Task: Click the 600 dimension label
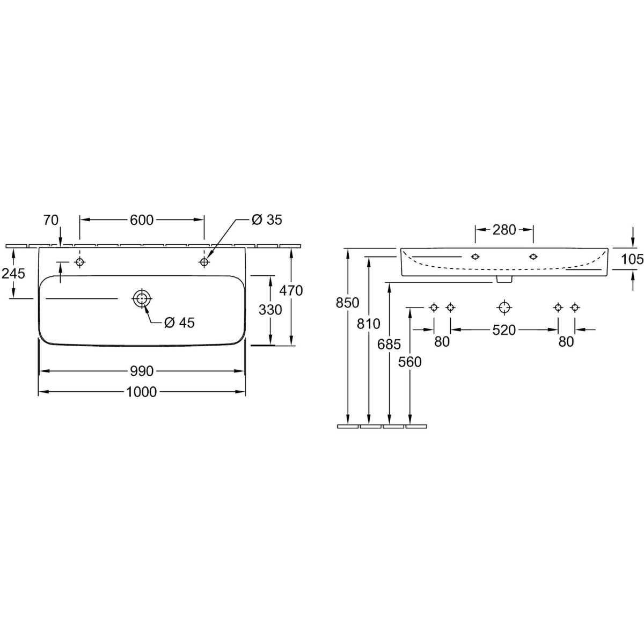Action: (x=141, y=220)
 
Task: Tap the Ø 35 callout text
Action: (x=267, y=220)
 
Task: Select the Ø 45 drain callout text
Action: (x=179, y=323)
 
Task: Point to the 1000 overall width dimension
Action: (x=141, y=392)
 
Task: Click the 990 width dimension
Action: (x=141, y=371)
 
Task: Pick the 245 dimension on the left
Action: (x=13, y=274)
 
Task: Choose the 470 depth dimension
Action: (x=291, y=291)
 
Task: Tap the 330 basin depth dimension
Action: (x=270, y=310)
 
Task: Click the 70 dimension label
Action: (x=51, y=220)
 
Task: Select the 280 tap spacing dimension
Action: (x=504, y=230)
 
